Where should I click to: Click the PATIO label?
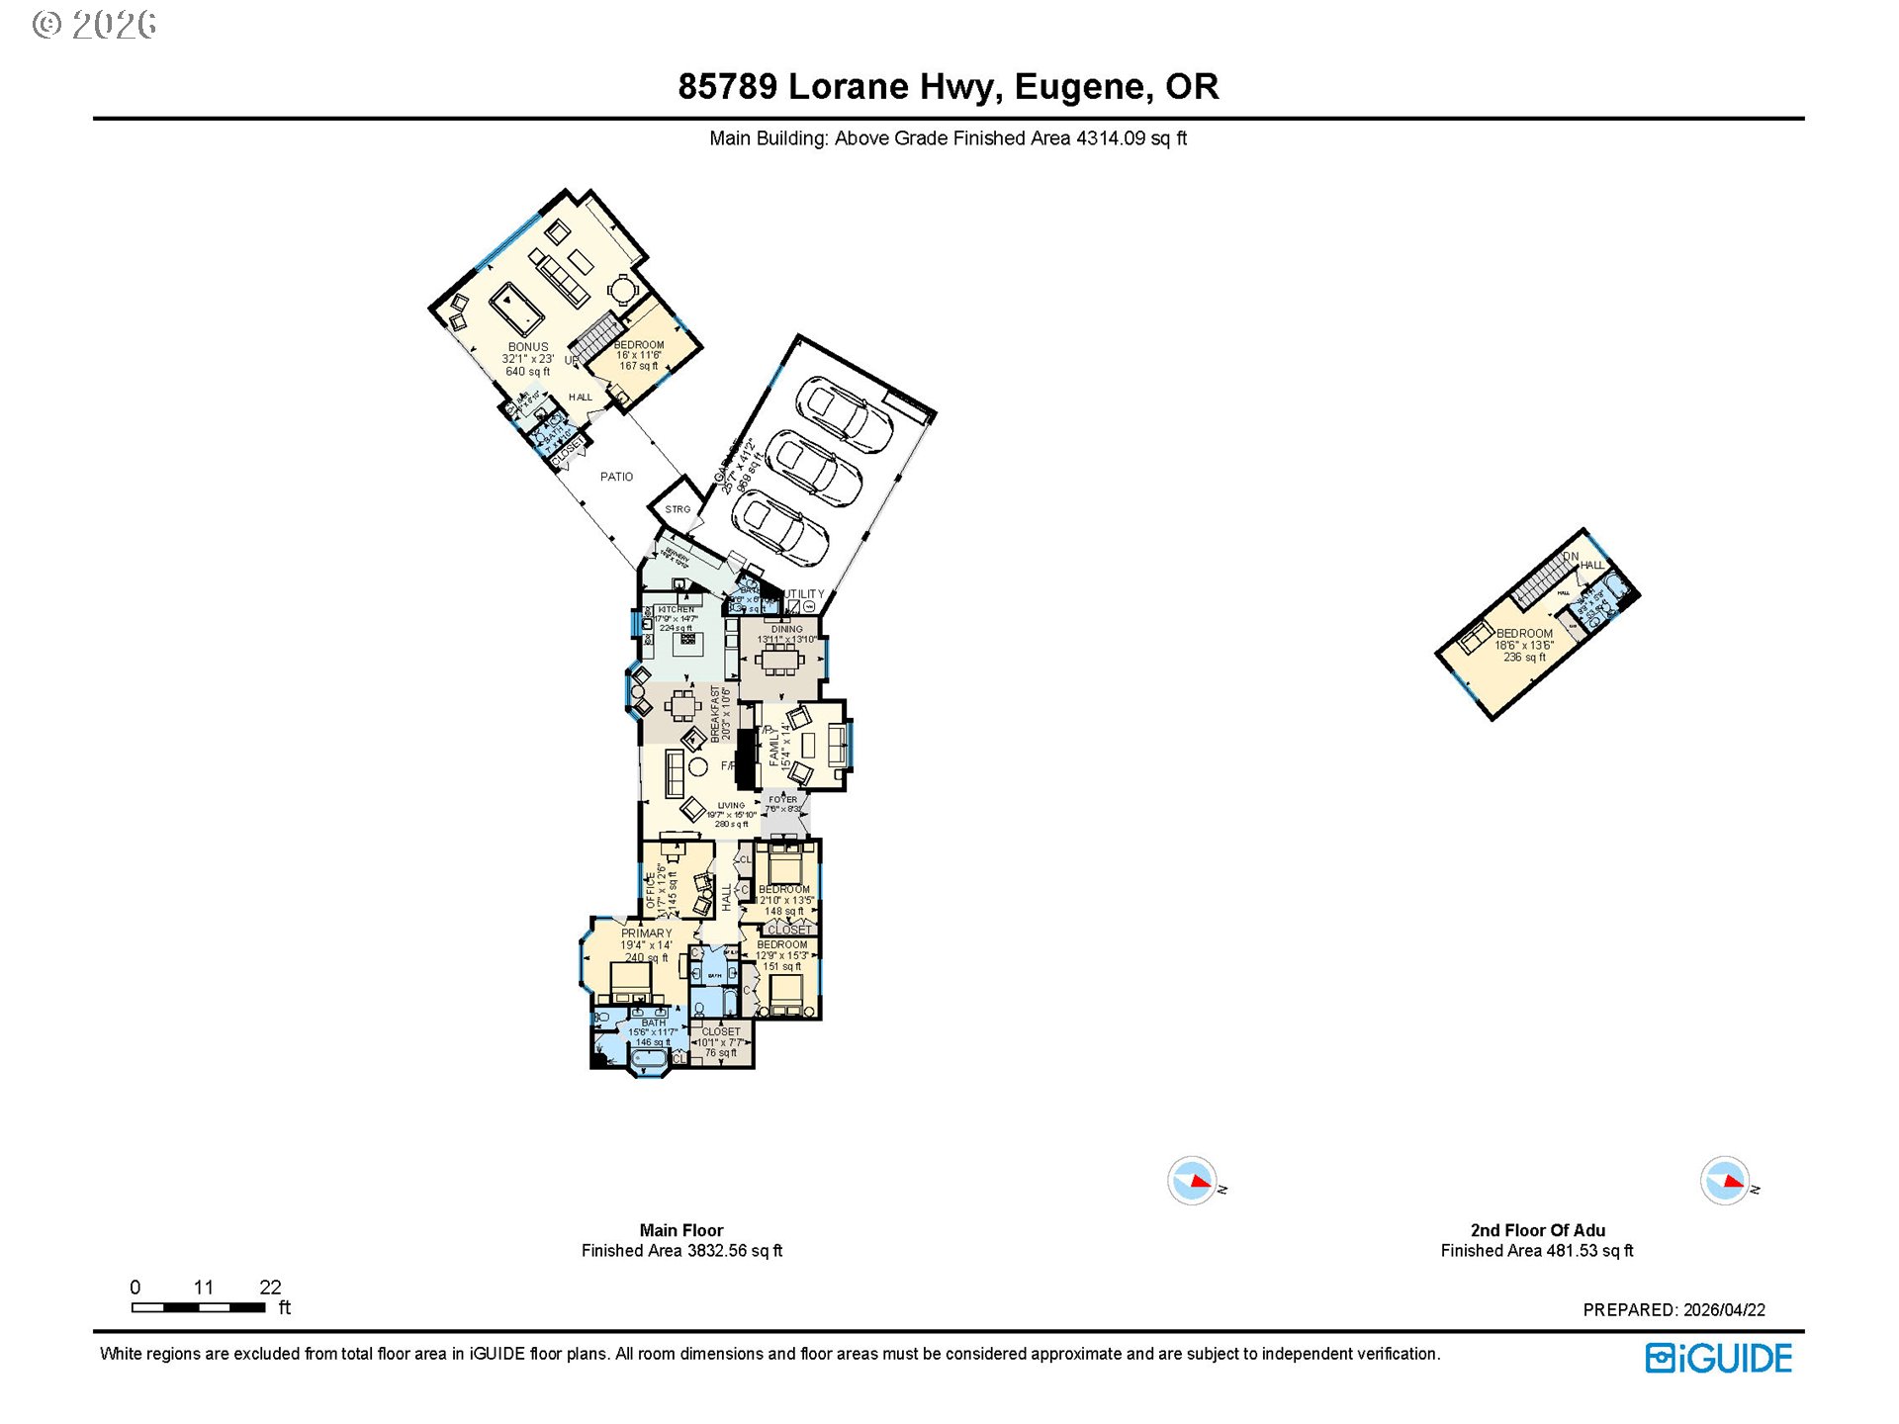(616, 477)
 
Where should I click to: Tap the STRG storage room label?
(678, 509)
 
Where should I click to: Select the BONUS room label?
(528, 347)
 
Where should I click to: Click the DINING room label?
(787, 629)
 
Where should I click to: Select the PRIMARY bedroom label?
(646, 934)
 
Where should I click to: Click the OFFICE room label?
(651, 887)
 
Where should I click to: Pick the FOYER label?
(782, 800)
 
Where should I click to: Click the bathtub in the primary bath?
(649, 1061)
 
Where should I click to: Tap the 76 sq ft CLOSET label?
(720, 1031)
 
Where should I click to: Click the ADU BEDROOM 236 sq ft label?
(1524, 634)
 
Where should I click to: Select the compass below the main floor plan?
(1191, 1181)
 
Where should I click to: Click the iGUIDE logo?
(1719, 1359)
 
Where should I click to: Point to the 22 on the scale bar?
(270, 1288)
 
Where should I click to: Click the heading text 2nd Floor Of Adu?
(1537, 1230)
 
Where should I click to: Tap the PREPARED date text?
(1673, 1310)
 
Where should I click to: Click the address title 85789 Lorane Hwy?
(948, 87)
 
